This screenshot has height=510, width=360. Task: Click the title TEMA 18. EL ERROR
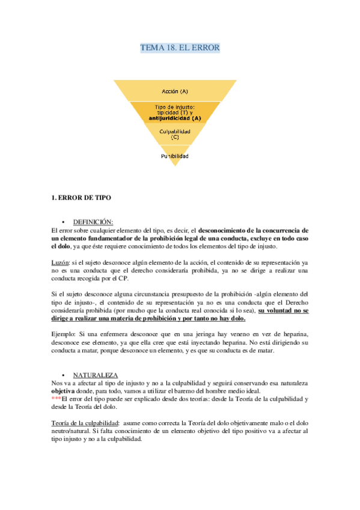tap(180, 48)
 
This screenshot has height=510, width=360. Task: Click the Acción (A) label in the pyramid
tap(175, 91)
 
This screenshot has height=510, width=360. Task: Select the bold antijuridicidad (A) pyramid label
tap(175, 118)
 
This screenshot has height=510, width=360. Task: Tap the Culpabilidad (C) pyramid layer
tap(175, 134)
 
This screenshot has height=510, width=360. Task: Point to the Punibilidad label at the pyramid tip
tap(175, 156)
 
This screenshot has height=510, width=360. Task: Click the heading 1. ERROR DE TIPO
tap(81, 198)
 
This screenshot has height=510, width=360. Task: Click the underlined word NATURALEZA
tap(95, 375)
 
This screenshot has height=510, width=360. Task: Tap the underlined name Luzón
tap(60, 263)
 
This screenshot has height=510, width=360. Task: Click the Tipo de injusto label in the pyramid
tap(175, 107)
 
